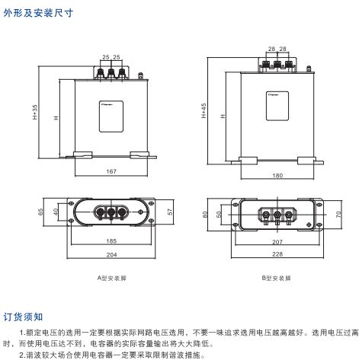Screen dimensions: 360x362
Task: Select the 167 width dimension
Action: [x=111, y=171]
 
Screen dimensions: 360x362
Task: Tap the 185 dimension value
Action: [x=111, y=242]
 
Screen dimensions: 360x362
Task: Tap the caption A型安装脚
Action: [x=111, y=279]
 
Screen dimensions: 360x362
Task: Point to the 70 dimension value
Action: [x=335, y=215]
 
